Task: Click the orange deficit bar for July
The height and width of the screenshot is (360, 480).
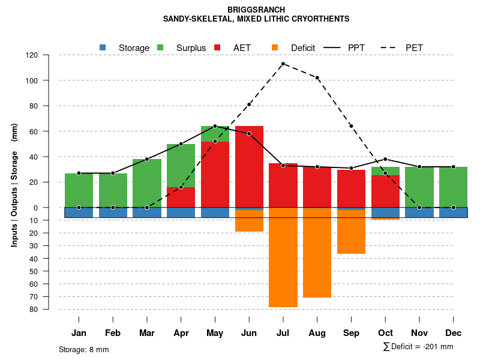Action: (x=283, y=258)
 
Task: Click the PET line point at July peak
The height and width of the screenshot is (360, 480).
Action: (x=283, y=64)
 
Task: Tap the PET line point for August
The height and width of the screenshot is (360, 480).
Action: (x=317, y=77)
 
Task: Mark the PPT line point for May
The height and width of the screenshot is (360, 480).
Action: (x=215, y=126)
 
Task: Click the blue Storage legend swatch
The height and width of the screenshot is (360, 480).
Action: (x=103, y=47)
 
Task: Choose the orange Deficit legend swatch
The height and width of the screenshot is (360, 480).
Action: (x=275, y=47)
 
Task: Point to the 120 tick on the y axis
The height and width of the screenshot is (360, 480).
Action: (x=32, y=55)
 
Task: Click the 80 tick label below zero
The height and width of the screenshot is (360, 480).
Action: (x=34, y=310)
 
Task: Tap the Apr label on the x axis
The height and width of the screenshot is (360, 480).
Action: (x=181, y=333)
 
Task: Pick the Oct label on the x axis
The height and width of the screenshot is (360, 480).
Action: (x=385, y=333)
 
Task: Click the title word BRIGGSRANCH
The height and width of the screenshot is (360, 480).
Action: (x=256, y=10)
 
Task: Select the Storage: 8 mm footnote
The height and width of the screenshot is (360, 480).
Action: (x=84, y=349)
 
